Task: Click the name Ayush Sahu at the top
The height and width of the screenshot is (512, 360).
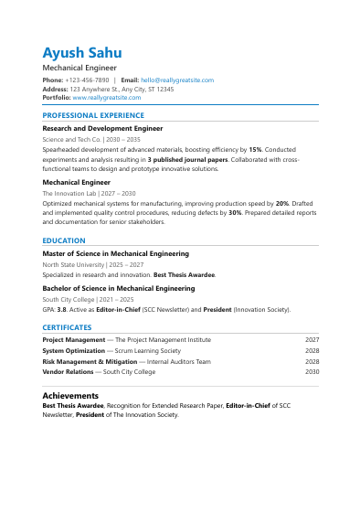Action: [x=81, y=52]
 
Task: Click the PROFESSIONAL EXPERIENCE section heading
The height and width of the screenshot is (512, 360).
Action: [x=93, y=116]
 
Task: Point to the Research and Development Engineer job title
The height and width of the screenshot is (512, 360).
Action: [x=102, y=130]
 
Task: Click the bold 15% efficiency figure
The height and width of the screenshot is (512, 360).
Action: [x=255, y=149]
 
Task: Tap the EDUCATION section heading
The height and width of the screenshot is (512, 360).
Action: [x=64, y=240]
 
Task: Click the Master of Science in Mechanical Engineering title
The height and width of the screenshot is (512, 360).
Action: [x=116, y=254]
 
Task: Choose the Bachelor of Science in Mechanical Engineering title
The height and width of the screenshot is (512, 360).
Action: [x=119, y=288]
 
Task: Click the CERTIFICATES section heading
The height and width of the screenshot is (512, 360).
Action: [x=67, y=327]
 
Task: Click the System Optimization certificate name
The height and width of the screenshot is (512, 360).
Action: [x=73, y=351]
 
